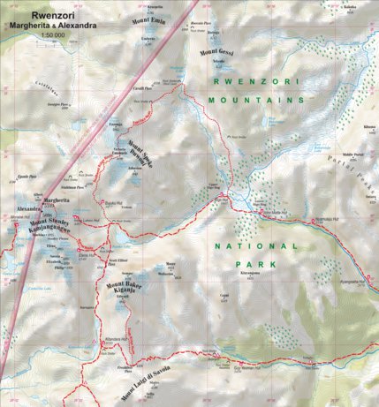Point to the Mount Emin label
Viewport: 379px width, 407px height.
point(149,19)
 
